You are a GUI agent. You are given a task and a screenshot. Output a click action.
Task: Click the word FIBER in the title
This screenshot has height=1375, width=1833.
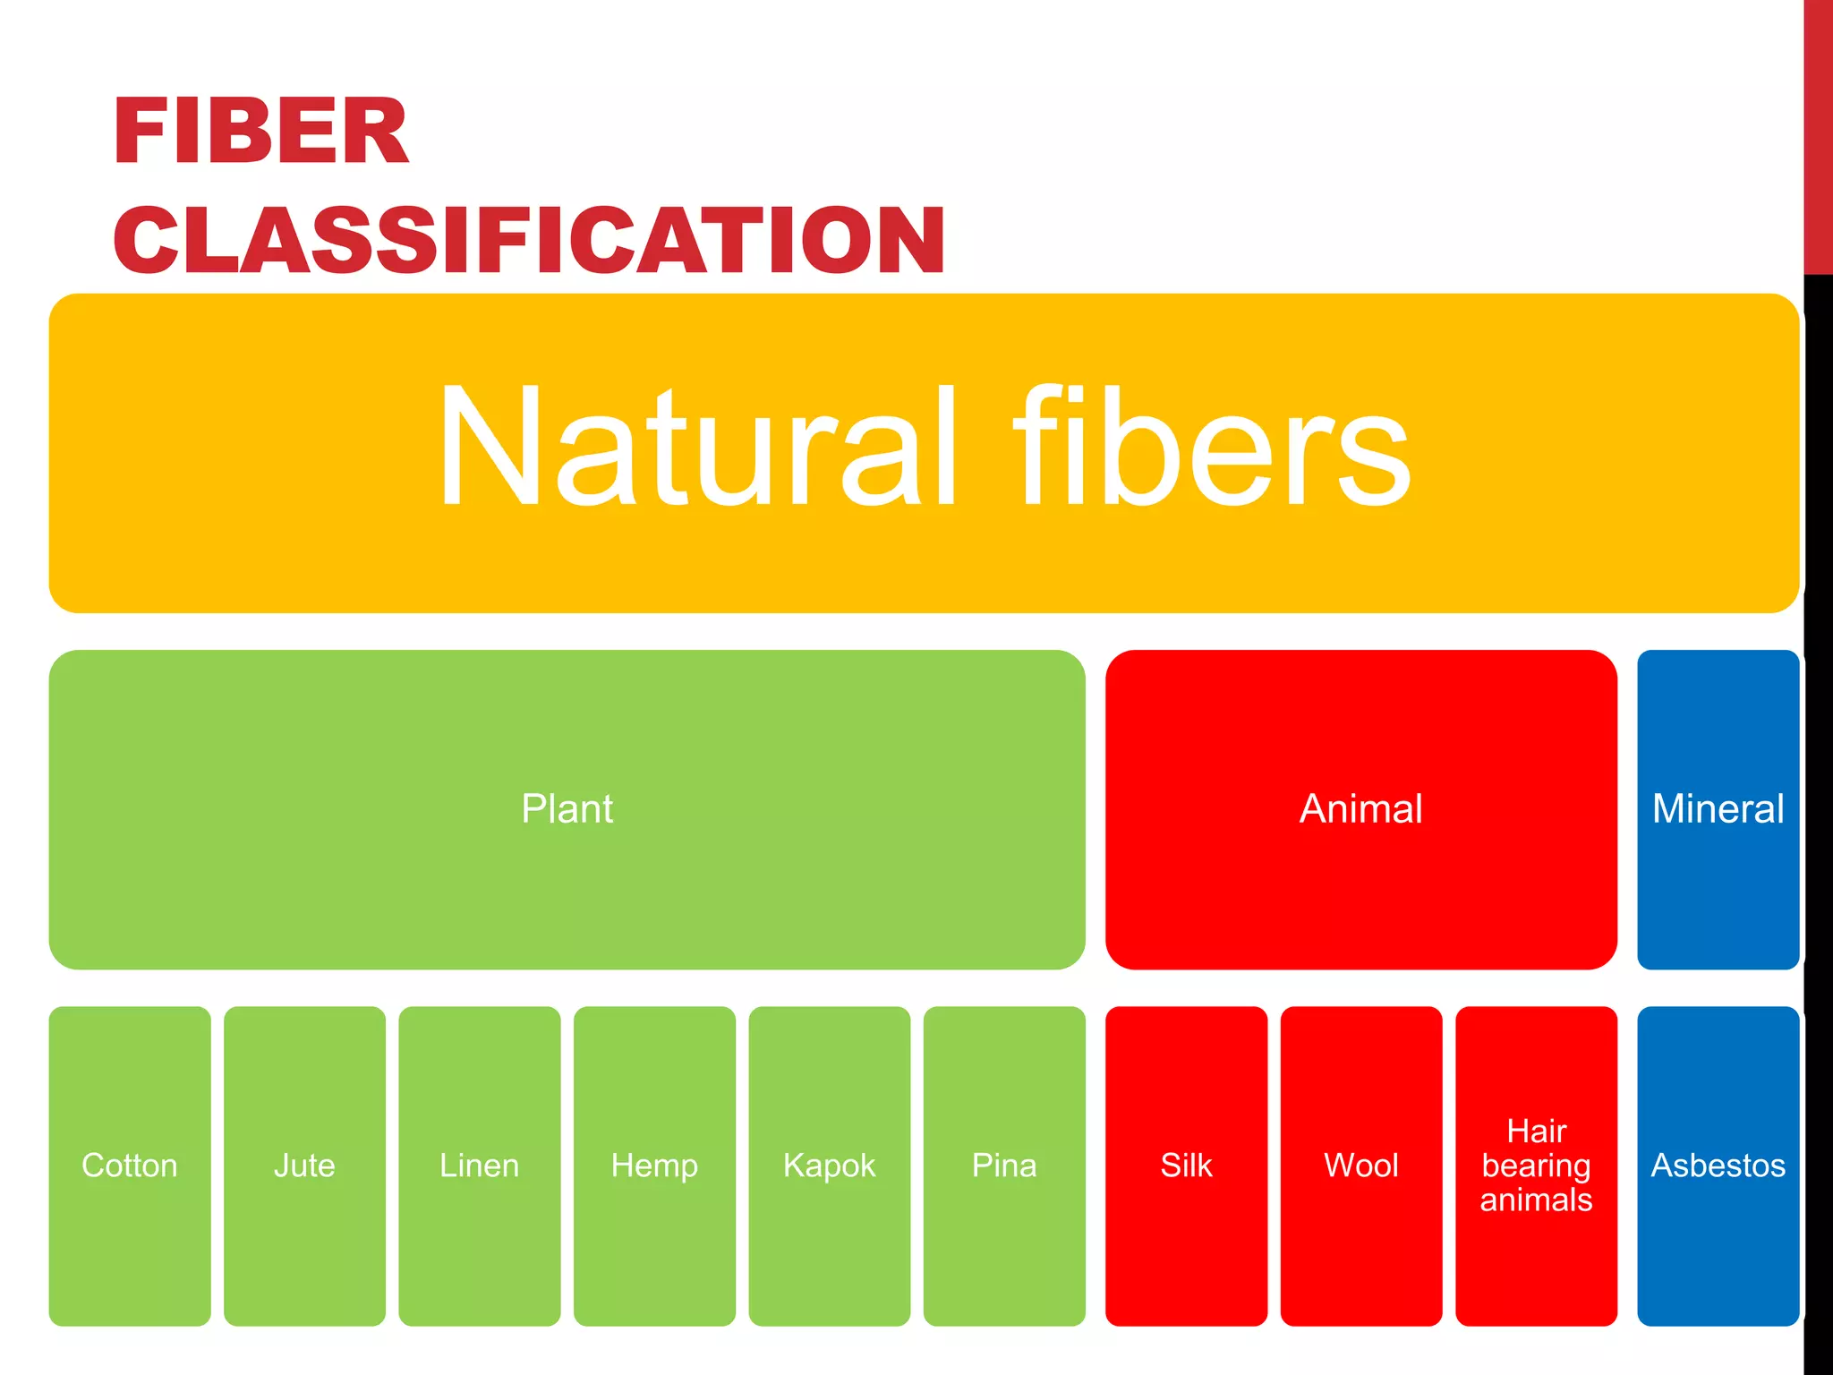(x=260, y=132)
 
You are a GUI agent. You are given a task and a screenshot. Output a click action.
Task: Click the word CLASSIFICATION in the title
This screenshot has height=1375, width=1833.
(x=529, y=240)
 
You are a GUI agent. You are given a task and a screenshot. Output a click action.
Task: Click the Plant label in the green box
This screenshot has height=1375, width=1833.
(x=567, y=808)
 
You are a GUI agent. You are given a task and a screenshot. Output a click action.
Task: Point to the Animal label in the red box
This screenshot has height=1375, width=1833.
(x=1360, y=808)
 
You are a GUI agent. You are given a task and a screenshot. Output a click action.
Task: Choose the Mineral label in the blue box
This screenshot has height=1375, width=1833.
(x=1718, y=808)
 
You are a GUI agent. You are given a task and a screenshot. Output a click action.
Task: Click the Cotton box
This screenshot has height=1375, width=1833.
(x=130, y=1165)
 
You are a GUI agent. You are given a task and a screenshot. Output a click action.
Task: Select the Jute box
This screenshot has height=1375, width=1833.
(x=304, y=1165)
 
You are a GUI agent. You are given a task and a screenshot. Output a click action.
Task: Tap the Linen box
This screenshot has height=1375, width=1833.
(x=480, y=1165)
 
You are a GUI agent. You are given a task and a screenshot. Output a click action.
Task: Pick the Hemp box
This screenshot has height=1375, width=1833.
(x=654, y=1165)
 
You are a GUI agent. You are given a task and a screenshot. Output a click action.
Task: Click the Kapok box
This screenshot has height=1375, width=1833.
(x=829, y=1165)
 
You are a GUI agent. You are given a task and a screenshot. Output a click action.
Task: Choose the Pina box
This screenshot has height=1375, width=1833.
(x=1004, y=1165)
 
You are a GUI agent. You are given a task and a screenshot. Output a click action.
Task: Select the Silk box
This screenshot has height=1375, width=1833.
(x=1186, y=1165)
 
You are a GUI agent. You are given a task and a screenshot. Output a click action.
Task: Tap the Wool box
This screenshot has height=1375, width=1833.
(x=1360, y=1165)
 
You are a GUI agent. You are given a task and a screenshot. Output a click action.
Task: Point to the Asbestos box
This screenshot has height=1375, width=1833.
(x=1718, y=1165)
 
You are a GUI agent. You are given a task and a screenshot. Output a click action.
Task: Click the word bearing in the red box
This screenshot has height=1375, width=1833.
(x=1536, y=1166)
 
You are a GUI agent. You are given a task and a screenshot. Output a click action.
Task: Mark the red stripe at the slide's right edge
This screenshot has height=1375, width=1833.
(x=1818, y=134)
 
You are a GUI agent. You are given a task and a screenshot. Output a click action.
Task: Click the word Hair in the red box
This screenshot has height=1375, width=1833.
(x=1536, y=1131)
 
